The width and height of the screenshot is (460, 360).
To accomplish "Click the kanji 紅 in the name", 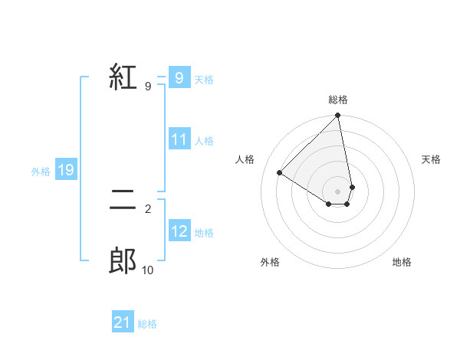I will point(123,77).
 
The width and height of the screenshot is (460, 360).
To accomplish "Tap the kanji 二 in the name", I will point(123,201).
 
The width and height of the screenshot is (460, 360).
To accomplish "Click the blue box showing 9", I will point(179,78).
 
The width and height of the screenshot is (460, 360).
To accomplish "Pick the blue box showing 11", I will point(179,140).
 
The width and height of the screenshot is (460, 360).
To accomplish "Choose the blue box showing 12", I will point(179,232).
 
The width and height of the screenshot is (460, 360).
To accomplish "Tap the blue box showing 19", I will point(66,171).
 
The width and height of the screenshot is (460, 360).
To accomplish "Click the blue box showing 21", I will point(122,323).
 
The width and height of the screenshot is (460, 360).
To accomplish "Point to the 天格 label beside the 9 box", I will point(204,79).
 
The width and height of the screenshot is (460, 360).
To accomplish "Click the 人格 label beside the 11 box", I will point(204,141).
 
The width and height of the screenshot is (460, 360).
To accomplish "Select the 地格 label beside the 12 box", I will point(204,233).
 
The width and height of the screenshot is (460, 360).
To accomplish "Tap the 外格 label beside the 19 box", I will point(41,172).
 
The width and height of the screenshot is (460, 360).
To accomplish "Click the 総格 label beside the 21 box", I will point(147,324).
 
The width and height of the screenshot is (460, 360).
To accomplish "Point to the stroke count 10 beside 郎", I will point(147,270).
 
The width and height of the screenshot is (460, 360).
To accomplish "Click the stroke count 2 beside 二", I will point(147,208).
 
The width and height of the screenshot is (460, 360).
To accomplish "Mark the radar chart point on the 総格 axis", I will point(337,116).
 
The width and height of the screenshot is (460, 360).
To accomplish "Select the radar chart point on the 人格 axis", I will point(280,173).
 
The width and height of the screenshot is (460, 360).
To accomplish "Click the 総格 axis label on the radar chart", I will point(337,100).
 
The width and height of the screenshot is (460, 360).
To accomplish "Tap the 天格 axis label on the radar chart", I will point(431,159).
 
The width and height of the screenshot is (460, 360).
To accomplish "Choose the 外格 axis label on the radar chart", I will point(270,262).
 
